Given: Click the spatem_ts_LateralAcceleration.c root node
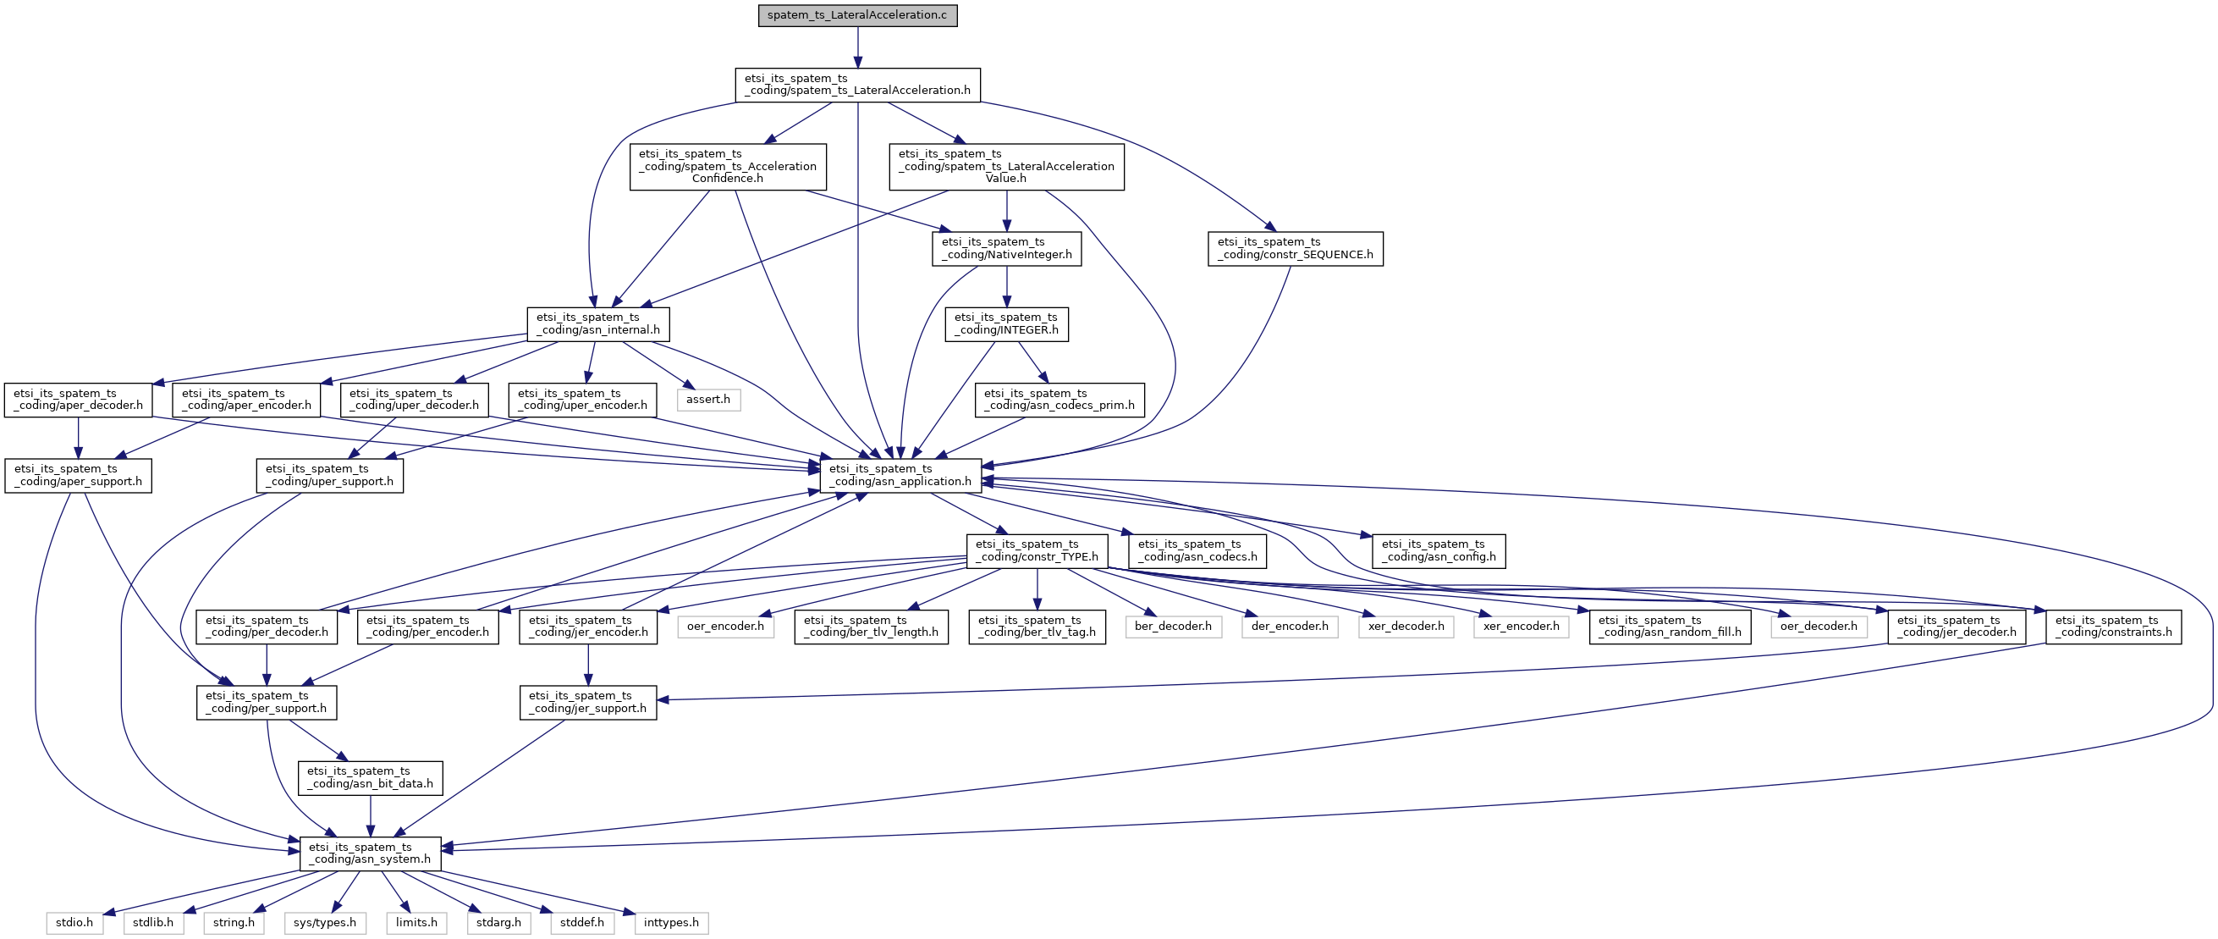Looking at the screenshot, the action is (x=857, y=15).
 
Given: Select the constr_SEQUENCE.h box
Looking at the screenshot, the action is (x=1295, y=249).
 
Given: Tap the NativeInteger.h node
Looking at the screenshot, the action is (x=1006, y=249).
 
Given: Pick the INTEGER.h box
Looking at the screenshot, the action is (x=1006, y=325).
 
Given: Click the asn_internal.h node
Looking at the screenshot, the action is (x=598, y=325).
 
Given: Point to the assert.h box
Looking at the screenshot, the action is (x=707, y=400).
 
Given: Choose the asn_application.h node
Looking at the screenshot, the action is (x=900, y=476).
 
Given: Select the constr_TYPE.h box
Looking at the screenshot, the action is (x=1037, y=551).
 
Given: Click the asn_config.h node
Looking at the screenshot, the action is (x=1439, y=551).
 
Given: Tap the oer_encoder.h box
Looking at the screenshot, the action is (x=725, y=627).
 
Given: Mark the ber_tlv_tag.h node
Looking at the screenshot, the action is (x=1037, y=627).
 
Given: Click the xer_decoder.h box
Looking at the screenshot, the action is (x=1406, y=627).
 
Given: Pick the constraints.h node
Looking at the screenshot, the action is (x=2113, y=627).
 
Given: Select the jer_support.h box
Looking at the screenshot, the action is (x=588, y=702).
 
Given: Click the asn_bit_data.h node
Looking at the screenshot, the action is (x=371, y=778).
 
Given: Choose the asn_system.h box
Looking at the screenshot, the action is (x=371, y=853).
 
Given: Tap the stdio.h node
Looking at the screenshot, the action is (x=75, y=924).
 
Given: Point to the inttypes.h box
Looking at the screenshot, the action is (x=672, y=924).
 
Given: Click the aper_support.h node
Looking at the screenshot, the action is (x=79, y=476).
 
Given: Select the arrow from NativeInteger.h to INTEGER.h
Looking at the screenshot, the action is (x=1006, y=287).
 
